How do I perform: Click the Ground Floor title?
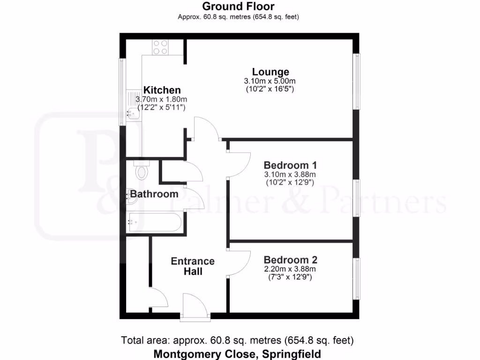[238, 7]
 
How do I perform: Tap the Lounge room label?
[270, 72]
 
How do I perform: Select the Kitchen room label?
[162, 90]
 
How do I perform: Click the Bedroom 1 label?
[290, 165]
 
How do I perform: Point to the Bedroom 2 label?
[290, 260]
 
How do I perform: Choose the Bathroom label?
[154, 194]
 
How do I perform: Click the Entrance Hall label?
[193, 266]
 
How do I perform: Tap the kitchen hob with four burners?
[160, 47]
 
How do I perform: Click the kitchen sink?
[133, 112]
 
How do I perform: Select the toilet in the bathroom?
[141, 172]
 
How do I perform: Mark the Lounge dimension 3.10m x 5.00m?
[270, 81]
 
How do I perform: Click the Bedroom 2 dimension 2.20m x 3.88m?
[289, 269]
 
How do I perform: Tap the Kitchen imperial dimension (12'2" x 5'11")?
[162, 107]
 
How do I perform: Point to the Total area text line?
[237, 340]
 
